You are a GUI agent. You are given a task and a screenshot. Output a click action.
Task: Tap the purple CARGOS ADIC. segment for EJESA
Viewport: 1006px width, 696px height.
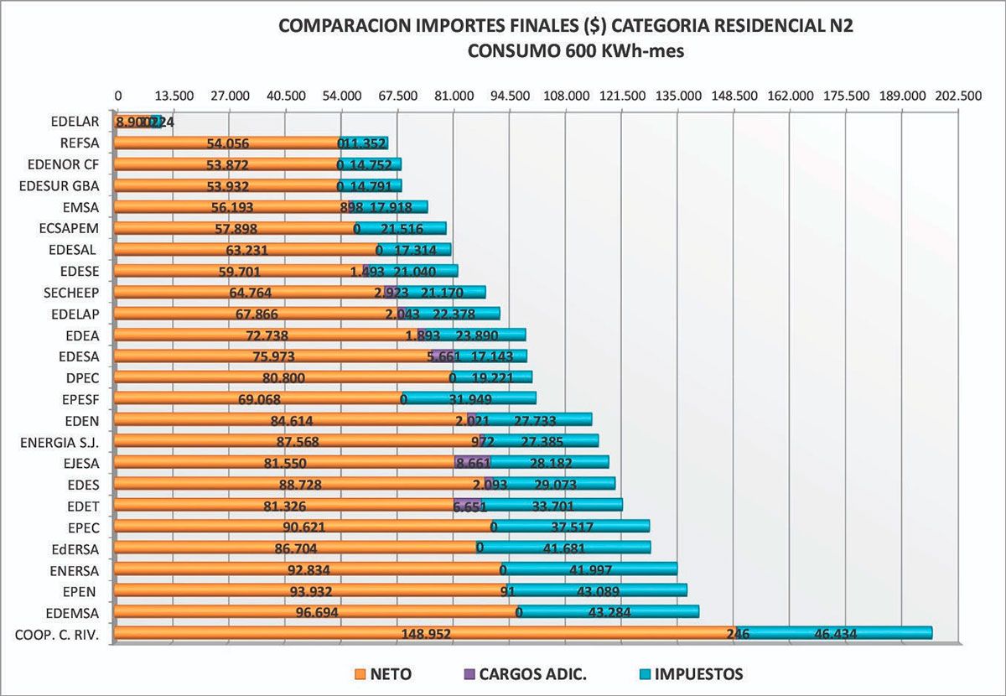click(x=472, y=462)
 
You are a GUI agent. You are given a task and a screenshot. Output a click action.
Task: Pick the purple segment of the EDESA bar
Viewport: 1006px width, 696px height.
click(x=441, y=356)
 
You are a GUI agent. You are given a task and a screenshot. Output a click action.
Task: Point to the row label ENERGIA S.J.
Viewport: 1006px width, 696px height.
click(x=56, y=441)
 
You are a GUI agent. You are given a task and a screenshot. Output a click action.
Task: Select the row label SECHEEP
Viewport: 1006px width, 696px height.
click(x=70, y=292)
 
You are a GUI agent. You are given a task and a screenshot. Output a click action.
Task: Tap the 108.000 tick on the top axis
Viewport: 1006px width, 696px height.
click(x=567, y=96)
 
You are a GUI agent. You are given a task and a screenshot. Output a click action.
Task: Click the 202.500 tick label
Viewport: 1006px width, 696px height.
click(x=958, y=96)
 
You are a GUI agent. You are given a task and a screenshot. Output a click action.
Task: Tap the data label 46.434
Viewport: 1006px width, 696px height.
click(x=835, y=634)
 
